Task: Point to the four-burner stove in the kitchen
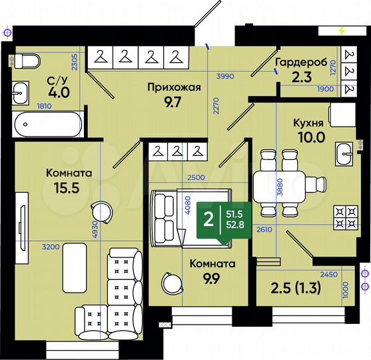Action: pos(345,215)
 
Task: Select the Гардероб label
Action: pos(300,61)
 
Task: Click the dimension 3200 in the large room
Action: pos(51,247)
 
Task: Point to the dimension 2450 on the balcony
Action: pos(328,274)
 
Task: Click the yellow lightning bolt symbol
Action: pos(342,31)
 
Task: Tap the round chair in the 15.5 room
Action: pos(101,209)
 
